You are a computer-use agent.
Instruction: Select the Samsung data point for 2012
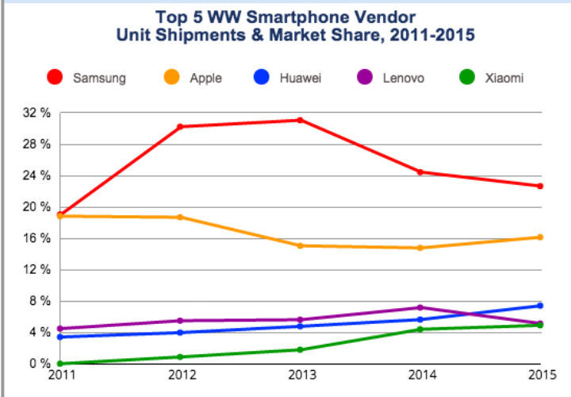(x=181, y=126)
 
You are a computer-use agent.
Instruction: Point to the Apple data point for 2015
(x=540, y=237)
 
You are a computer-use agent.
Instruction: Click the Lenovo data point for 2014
(x=420, y=307)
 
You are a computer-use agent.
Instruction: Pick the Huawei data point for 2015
(x=540, y=306)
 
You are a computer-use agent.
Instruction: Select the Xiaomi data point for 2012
(x=181, y=357)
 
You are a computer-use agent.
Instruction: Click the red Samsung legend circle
(x=55, y=78)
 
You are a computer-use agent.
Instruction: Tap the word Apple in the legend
(x=206, y=78)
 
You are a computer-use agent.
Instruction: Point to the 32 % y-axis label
(x=36, y=113)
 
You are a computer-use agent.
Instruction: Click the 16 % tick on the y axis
(x=36, y=238)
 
